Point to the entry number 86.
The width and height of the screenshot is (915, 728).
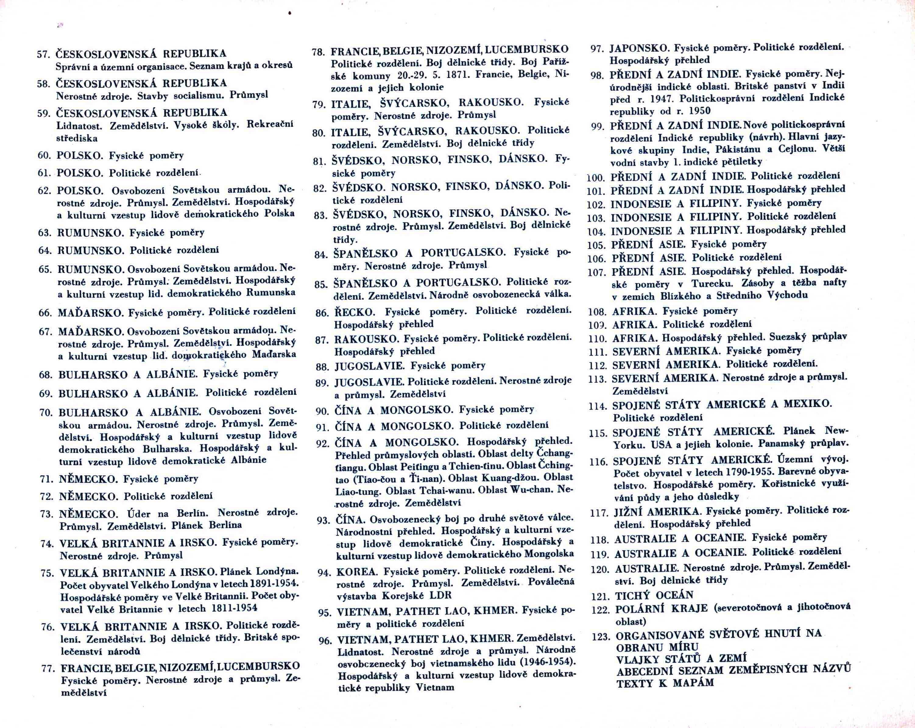click(322, 313)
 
